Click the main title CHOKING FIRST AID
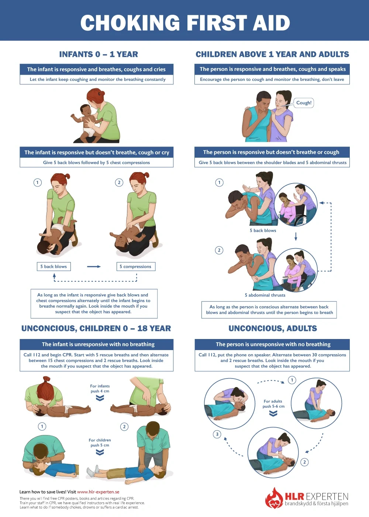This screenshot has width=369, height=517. [x=185, y=23]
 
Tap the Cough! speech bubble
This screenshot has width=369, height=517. [x=304, y=103]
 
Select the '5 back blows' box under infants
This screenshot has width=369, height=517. [x=54, y=267]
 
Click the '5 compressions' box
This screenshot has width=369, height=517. [x=135, y=267]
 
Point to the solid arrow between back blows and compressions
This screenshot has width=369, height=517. [x=94, y=267]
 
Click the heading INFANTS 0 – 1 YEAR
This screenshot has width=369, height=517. [x=99, y=54]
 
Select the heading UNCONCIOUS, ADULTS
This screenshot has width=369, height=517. [x=273, y=328]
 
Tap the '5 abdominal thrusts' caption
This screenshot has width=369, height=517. [x=265, y=295]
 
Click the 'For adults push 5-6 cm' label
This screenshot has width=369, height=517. [x=273, y=404]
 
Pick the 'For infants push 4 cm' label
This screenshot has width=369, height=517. [x=100, y=388]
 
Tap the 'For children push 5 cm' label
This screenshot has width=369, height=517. [x=100, y=442]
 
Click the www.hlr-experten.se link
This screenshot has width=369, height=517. [x=98, y=492]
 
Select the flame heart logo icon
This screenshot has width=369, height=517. [x=274, y=499]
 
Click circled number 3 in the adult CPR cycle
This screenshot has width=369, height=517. [x=217, y=434]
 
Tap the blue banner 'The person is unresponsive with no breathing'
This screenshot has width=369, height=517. [x=273, y=344]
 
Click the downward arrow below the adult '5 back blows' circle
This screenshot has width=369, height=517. [x=296, y=236]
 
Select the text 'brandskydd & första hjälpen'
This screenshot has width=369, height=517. [x=316, y=504]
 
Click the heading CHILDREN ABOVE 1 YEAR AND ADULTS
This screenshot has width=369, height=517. [x=272, y=54]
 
